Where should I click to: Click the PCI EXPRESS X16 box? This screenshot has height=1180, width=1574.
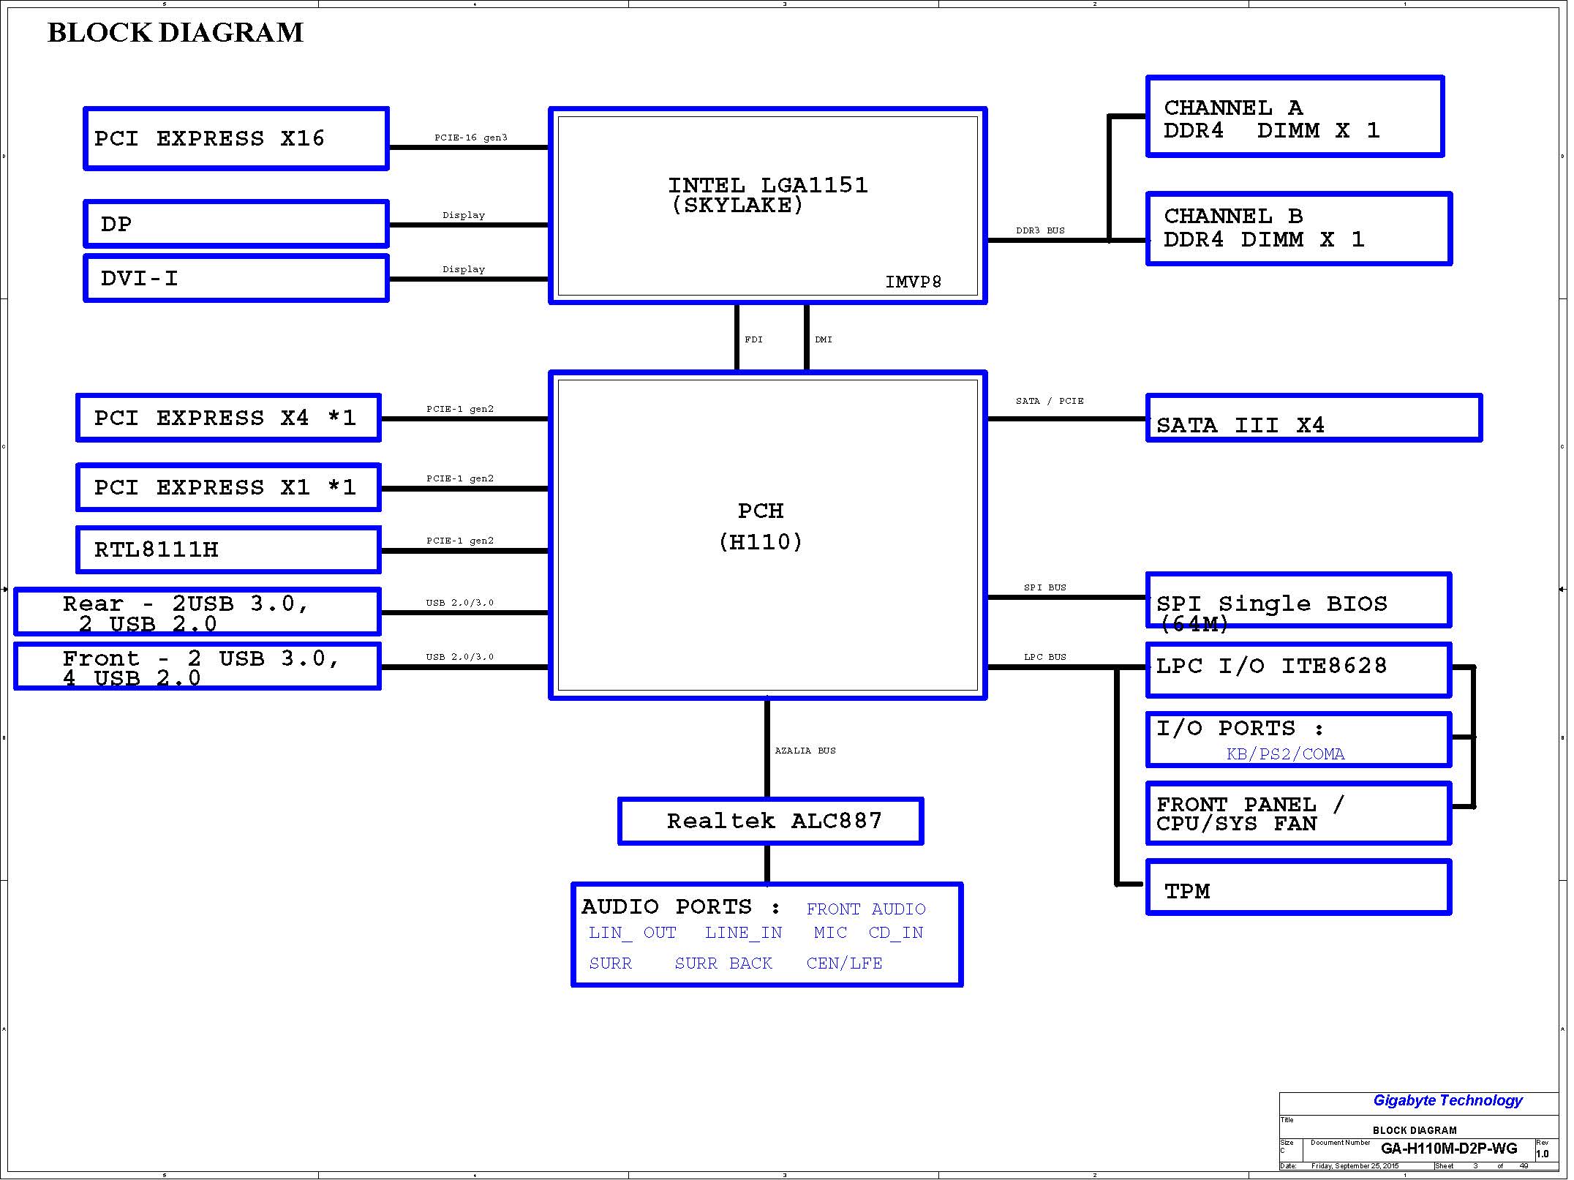coord(236,139)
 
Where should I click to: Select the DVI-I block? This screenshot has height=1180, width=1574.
coord(236,278)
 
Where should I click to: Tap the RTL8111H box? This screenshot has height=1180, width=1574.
coord(228,549)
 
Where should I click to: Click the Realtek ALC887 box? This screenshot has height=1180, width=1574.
coord(771,821)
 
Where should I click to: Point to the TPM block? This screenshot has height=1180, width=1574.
coord(1299,887)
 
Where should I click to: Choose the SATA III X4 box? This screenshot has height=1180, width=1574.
coord(1314,418)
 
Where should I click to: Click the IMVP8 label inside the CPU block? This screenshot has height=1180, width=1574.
coord(914,282)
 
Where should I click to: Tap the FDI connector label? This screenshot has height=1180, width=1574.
coord(753,339)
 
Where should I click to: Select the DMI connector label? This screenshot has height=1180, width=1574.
coord(824,339)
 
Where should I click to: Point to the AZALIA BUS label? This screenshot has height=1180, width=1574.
coord(805,751)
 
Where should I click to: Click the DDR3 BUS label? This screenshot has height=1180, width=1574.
coord(1040,230)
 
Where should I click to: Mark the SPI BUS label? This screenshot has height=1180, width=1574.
coord(1045,587)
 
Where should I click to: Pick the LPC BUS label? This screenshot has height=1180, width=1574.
coord(1045,657)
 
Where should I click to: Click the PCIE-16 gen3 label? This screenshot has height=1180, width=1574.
coord(470,138)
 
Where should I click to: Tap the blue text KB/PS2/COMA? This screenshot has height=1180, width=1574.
coord(1286,754)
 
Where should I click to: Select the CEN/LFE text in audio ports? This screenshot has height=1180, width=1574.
coord(844,963)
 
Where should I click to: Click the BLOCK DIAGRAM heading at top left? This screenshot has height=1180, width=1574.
coord(176,33)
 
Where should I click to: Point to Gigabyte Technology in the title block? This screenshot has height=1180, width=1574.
coord(1447,1100)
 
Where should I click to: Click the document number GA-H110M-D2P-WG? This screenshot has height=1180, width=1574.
coord(1449,1149)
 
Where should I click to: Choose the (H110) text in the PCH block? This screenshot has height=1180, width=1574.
coord(761,542)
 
